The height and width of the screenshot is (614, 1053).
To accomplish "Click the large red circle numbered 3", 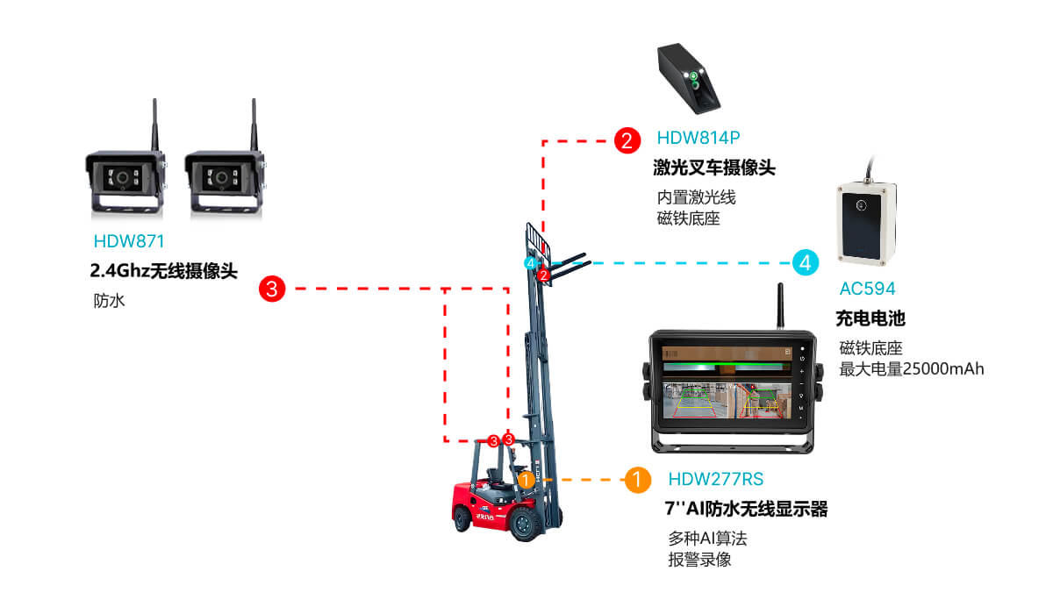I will point(273,289).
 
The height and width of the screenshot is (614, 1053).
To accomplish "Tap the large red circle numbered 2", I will point(627,139).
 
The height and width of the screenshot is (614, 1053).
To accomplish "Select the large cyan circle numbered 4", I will point(806,262).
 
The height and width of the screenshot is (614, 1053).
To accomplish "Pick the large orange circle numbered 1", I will point(637,480).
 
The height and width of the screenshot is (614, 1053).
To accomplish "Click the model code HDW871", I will point(129,241).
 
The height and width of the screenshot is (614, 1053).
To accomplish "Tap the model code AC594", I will point(867,289).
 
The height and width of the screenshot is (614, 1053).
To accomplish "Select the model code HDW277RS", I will point(715,480).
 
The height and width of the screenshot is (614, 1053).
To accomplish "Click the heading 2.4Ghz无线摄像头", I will point(164,270).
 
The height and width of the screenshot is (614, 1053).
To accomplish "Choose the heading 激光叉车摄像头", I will point(714,168).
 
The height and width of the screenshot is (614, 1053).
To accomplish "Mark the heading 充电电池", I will point(870,318).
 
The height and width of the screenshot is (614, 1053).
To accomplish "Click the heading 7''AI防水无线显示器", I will point(747,510).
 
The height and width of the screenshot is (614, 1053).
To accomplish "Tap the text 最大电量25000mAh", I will point(912,369).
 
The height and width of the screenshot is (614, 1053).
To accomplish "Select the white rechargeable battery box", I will point(865,223).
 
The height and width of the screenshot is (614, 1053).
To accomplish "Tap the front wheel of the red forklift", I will point(526,524).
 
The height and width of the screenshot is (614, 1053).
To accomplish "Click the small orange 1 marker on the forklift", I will point(526,480).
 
